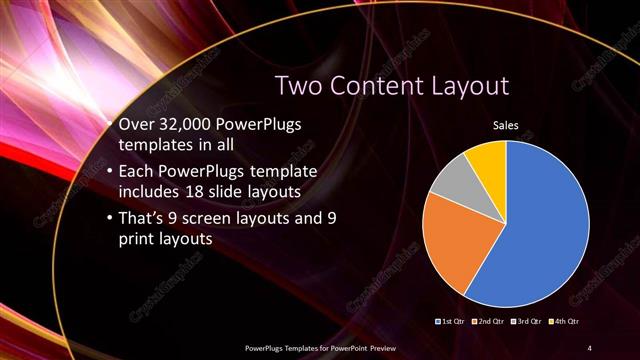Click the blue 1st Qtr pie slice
click(x=540, y=230)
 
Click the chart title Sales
click(x=505, y=126)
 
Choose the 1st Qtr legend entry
click(x=452, y=322)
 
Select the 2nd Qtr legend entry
click(x=490, y=322)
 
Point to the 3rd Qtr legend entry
click(x=527, y=322)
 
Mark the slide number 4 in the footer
click(x=590, y=346)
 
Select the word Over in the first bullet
click(x=136, y=124)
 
